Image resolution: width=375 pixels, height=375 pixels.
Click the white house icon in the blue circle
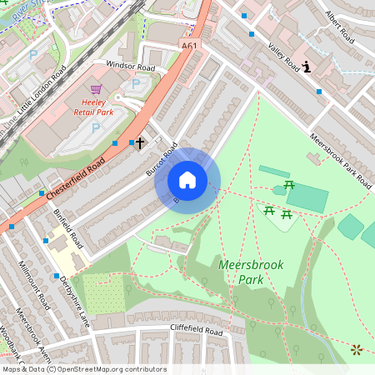187,179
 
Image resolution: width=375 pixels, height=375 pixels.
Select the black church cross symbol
140,143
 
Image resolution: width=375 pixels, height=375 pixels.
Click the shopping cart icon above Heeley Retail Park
96,88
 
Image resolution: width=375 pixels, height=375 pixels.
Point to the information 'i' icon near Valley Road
307,67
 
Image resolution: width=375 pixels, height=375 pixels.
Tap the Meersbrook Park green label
251,272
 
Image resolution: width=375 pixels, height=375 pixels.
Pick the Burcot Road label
163,159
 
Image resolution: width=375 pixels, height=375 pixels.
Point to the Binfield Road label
69,230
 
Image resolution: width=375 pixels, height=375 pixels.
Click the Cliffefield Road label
197,331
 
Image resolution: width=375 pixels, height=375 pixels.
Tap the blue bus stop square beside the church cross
132,143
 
